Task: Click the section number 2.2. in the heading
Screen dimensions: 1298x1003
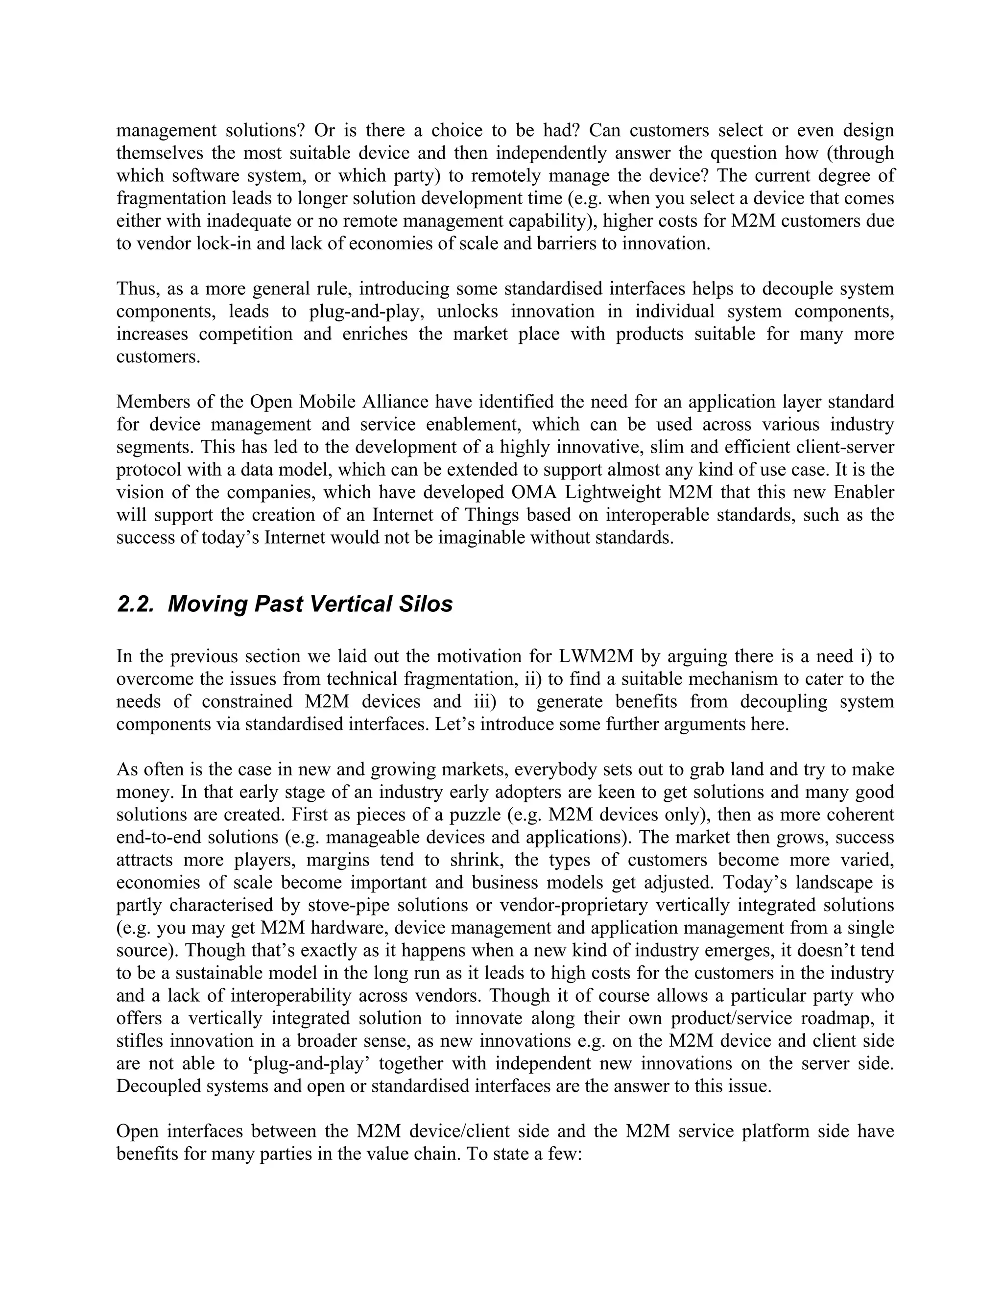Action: point(136,604)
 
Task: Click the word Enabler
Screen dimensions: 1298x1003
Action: point(864,493)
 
